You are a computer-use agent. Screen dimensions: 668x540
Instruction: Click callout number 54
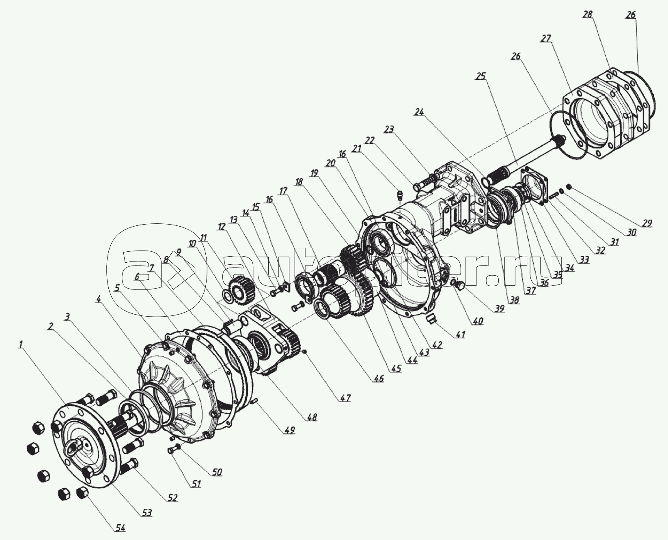pos(119,528)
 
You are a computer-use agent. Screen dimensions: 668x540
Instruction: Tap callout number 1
pos(21,345)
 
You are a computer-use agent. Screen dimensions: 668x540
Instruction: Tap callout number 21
pos(356,149)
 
